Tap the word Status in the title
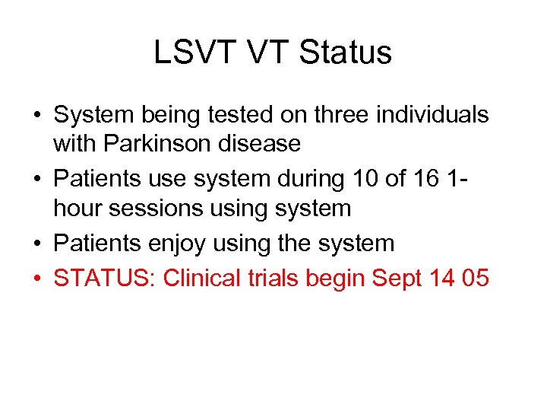pyautogui.click(x=346, y=53)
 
